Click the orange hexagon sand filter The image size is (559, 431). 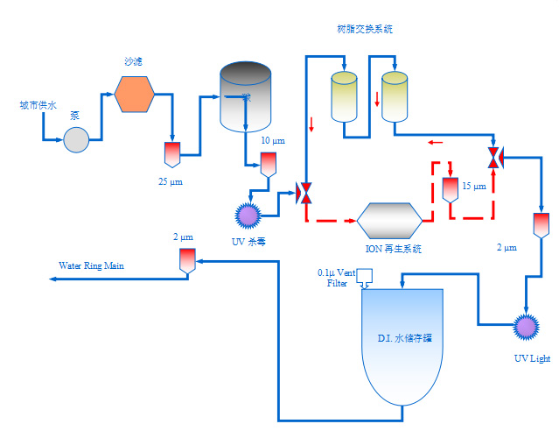point(135,95)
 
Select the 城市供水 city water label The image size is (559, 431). point(38,106)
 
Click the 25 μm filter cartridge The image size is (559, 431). point(171,154)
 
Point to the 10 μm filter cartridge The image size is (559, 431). point(268,164)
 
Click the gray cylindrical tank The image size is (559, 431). point(246,96)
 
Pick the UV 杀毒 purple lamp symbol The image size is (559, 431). point(248,214)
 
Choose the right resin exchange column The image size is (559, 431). point(395,95)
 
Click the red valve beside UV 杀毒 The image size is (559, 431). point(305,193)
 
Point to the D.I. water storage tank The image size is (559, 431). point(402,342)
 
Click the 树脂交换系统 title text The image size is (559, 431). point(364,29)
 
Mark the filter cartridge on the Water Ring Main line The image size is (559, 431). point(186,260)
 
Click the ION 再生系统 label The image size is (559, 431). point(393,249)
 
